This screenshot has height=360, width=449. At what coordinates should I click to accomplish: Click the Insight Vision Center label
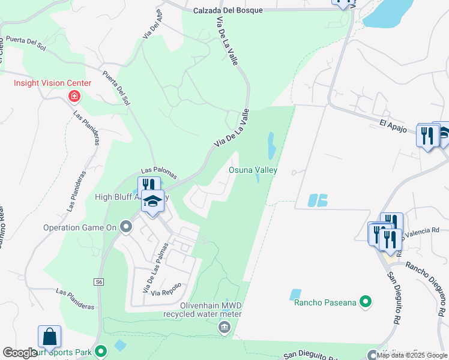point(53,83)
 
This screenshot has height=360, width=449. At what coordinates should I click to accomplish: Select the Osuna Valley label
point(253,170)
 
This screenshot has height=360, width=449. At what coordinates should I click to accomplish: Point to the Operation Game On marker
point(125,227)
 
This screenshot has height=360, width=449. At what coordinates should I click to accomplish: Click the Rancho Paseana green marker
point(364,302)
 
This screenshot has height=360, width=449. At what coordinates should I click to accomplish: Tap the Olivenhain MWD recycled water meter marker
point(224,326)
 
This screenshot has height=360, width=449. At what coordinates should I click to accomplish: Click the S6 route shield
point(99,281)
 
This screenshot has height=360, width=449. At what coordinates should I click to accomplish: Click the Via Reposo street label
point(166,293)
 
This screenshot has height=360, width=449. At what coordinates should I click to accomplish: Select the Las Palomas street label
point(159,173)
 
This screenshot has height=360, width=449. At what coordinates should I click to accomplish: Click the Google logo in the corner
point(20,353)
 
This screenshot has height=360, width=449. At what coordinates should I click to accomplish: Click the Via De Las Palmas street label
point(154,266)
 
